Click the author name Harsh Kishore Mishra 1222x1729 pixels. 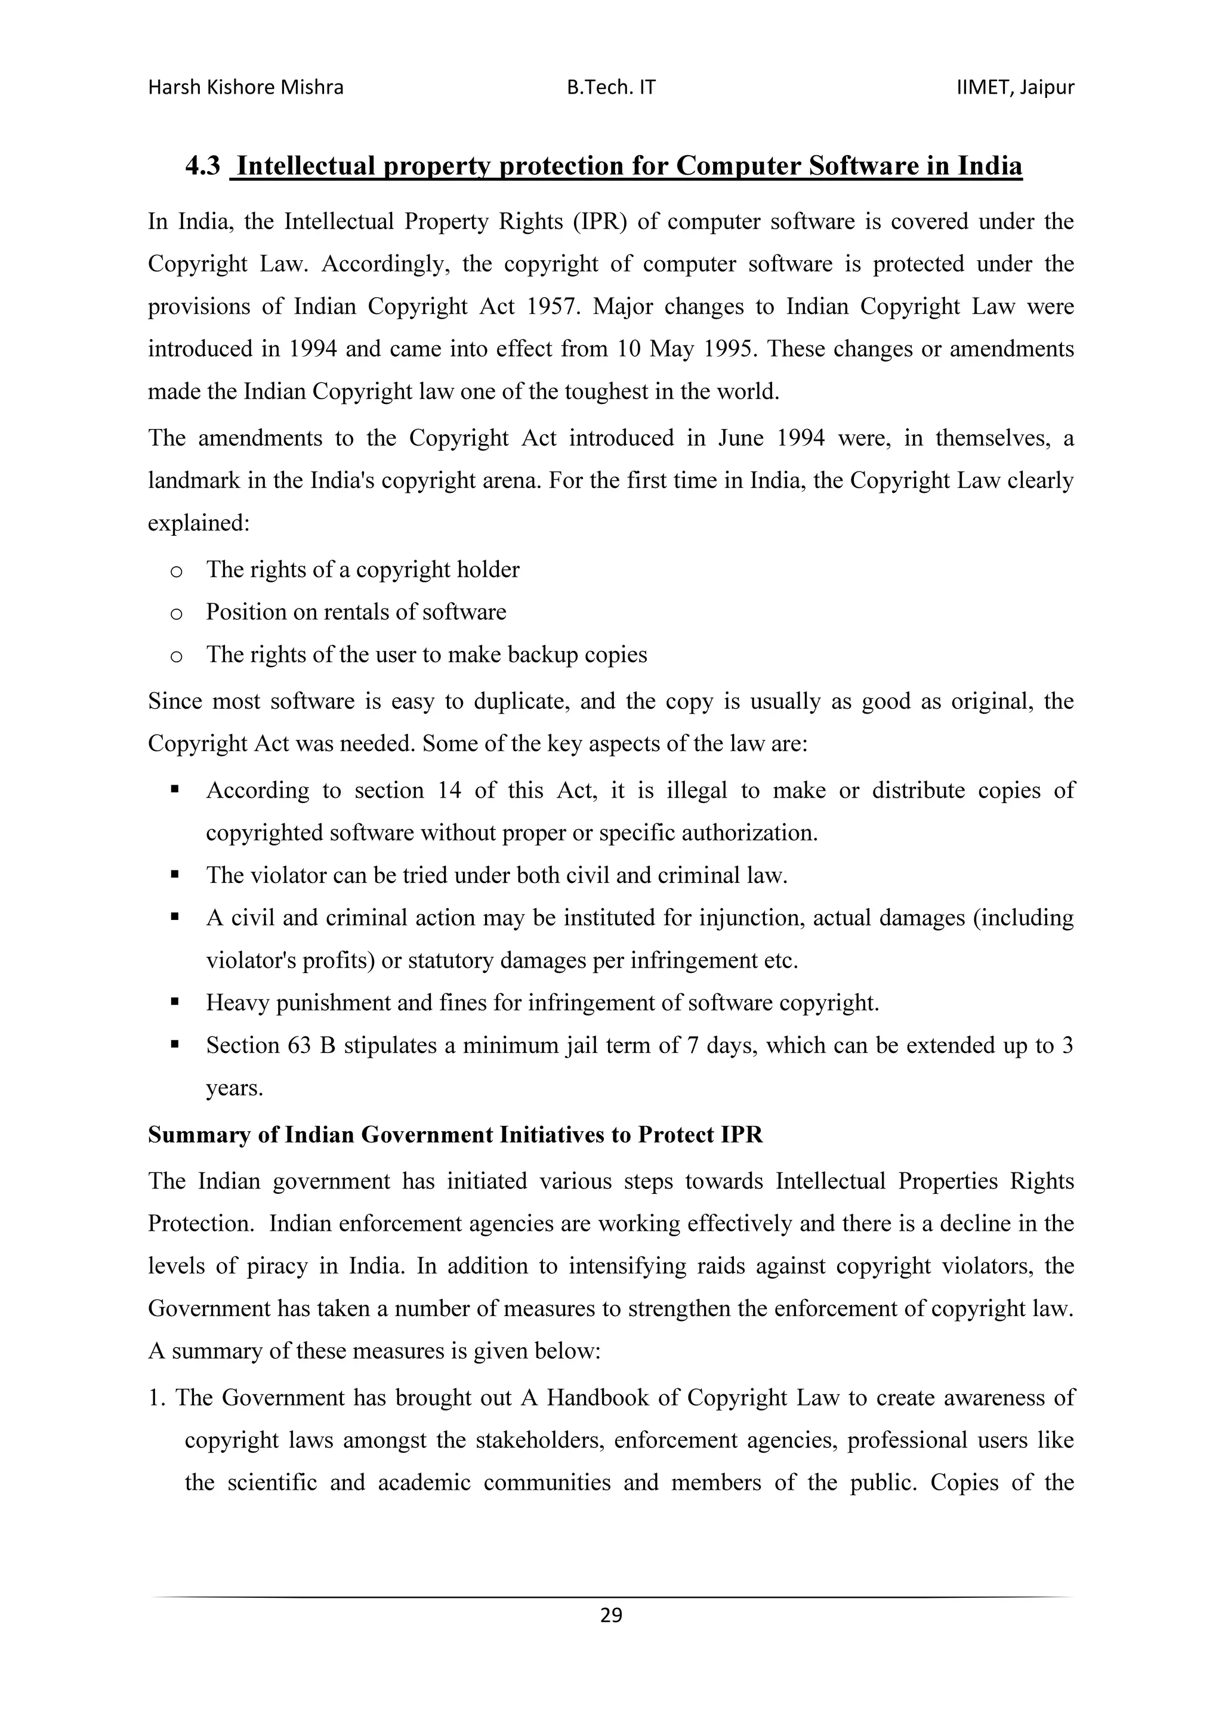tap(245, 88)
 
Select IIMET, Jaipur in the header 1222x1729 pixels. tap(1015, 88)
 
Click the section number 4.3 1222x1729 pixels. tap(202, 166)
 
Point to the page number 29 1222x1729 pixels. tap(610, 1614)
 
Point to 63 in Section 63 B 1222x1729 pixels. tap(299, 1045)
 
